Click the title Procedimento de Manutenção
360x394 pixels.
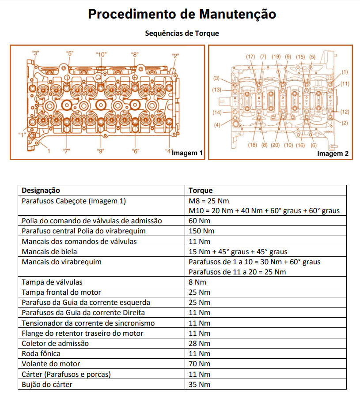(x=182, y=14)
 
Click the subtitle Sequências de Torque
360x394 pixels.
(x=182, y=34)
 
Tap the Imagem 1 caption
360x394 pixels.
(x=187, y=153)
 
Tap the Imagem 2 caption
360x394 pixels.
(x=333, y=154)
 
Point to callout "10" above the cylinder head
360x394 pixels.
(x=101, y=55)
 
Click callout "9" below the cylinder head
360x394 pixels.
(x=101, y=151)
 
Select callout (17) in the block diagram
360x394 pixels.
(x=250, y=56)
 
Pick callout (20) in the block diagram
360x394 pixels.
(x=275, y=145)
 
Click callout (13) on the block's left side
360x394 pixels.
(x=216, y=90)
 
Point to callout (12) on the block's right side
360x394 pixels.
(x=345, y=112)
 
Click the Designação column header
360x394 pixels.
(x=41, y=191)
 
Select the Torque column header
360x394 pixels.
(x=201, y=191)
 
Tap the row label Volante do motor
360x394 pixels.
(x=51, y=364)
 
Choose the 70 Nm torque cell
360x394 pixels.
(x=199, y=364)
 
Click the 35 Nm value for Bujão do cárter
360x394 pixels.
(x=199, y=384)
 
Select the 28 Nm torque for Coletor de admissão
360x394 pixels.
(x=199, y=343)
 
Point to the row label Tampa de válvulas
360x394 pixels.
(x=52, y=282)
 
